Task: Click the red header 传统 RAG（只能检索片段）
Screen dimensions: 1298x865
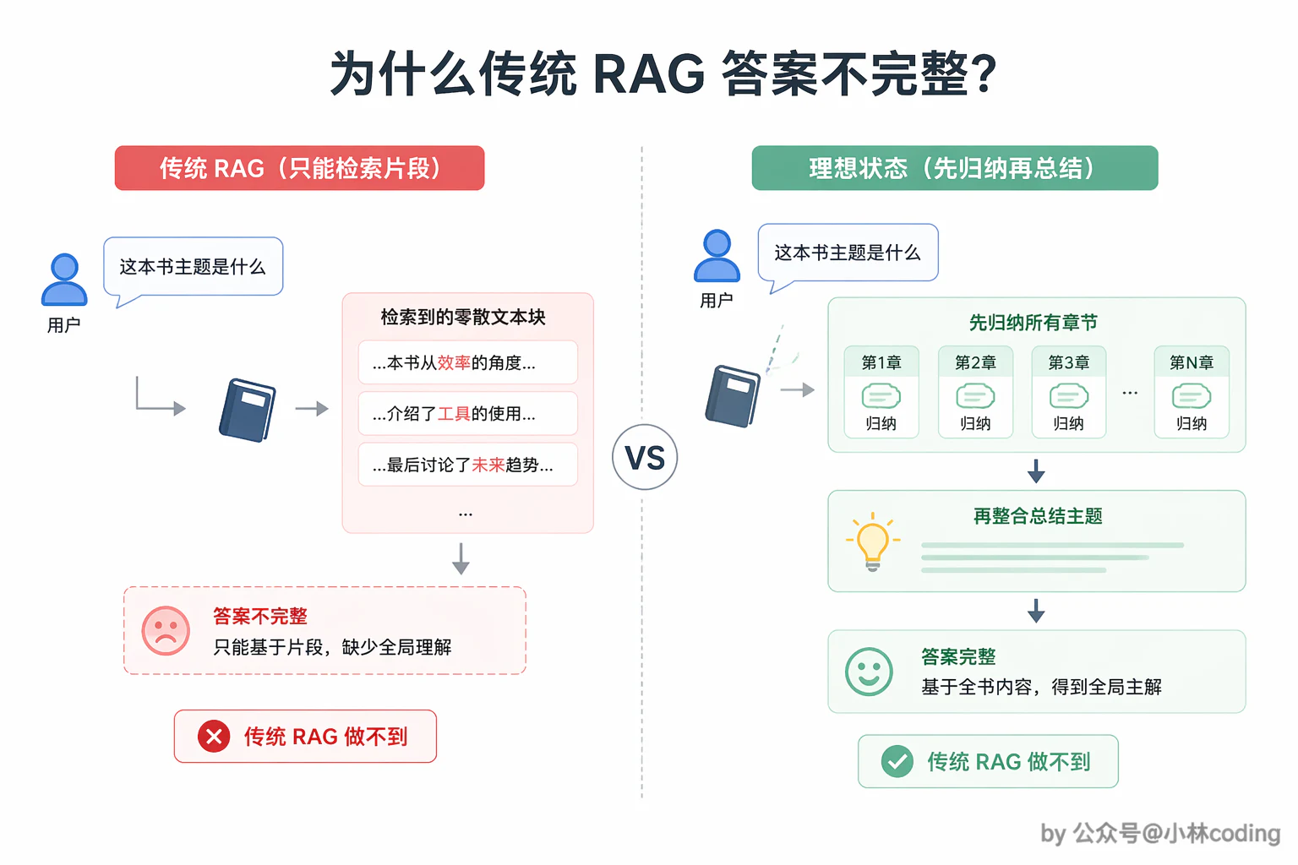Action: (300, 168)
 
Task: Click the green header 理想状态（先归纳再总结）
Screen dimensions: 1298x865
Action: (954, 168)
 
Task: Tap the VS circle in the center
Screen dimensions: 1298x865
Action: (645, 458)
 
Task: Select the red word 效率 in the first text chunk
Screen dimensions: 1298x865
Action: (454, 362)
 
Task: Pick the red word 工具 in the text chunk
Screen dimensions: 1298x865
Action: (454, 414)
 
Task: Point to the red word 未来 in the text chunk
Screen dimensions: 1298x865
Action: (488, 465)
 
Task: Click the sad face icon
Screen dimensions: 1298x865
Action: (166, 631)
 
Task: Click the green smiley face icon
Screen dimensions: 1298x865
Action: (869, 672)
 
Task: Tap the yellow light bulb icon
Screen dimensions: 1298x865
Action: (873, 541)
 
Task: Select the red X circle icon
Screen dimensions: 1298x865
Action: (214, 737)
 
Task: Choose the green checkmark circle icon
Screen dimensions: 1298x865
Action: (897, 761)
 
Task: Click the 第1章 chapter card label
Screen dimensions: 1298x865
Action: (881, 362)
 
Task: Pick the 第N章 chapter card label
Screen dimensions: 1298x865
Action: (1192, 362)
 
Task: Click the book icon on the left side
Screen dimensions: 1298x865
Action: (248, 411)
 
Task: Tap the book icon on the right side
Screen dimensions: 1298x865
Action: (733, 396)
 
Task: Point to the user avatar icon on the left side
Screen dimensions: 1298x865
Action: (64, 280)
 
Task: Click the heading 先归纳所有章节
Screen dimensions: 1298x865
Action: (1033, 323)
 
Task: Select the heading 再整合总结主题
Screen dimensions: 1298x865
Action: (1037, 516)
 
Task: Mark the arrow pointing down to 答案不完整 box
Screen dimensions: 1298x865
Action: (461, 558)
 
